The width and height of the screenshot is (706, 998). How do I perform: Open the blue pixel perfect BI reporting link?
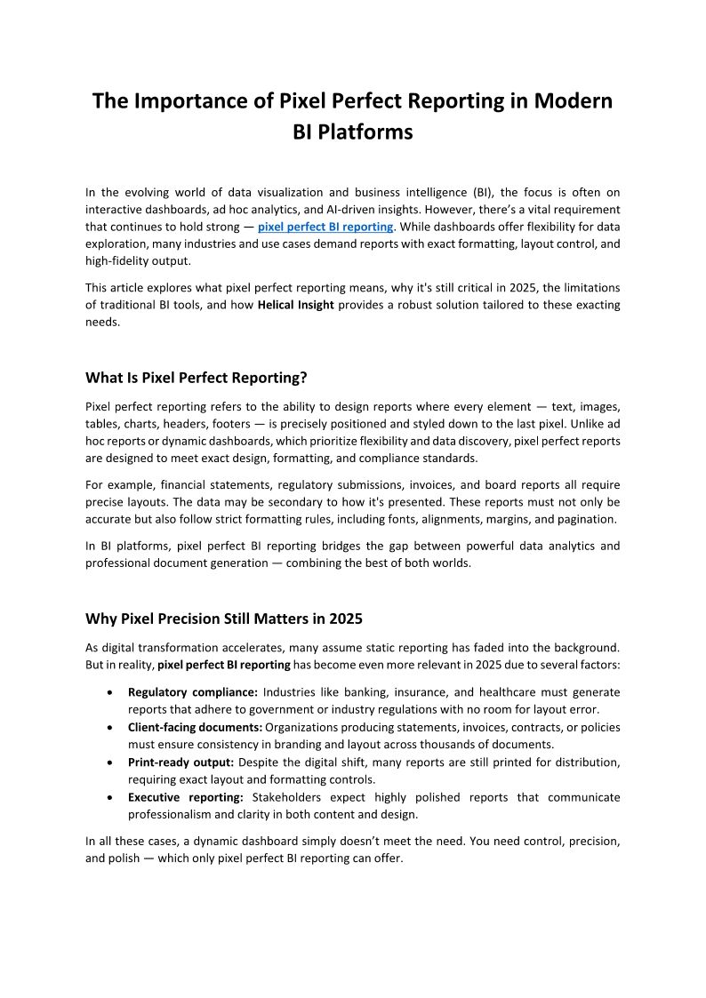tap(325, 227)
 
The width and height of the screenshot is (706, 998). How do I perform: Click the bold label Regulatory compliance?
tap(193, 691)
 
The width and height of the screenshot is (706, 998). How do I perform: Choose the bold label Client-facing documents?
tap(195, 727)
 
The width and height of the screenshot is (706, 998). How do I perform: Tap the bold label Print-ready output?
tap(181, 762)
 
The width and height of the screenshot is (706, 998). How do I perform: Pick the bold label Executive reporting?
tap(186, 797)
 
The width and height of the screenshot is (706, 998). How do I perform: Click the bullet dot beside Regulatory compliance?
tap(108, 692)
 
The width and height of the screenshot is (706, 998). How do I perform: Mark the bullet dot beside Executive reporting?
tap(108, 798)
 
